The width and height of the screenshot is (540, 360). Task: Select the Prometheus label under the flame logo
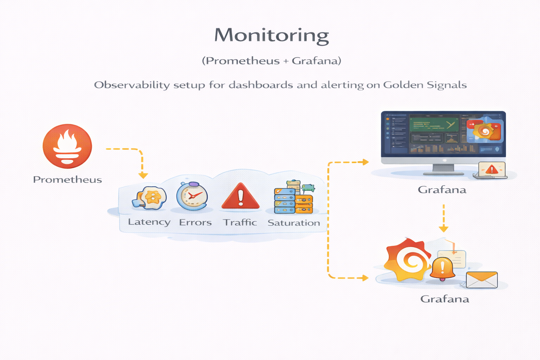(x=67, y=180)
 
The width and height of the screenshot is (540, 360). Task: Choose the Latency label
(x=149, y=222)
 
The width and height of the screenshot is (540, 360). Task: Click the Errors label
(x=195, y=223)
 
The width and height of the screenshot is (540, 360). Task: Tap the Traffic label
(x=240, y=223)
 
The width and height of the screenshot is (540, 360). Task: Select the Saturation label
(x=294, y=223)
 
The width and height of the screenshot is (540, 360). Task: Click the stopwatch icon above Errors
(x=192, y=196)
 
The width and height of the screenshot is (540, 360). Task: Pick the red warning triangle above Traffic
(x=240, y=197)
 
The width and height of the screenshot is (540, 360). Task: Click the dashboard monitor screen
(x=443, y=134)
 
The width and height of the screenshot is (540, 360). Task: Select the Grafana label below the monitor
(x=442, y=190)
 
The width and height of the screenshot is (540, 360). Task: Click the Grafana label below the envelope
(x=445, y=299)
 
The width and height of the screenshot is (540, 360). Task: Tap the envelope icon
(x=482, y=280)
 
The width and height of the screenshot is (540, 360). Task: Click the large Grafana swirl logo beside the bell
(x=408, y=260)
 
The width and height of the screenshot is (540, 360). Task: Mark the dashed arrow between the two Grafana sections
(x=444, y=218)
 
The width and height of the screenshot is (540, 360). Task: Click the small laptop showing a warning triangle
(x=491, y=170)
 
